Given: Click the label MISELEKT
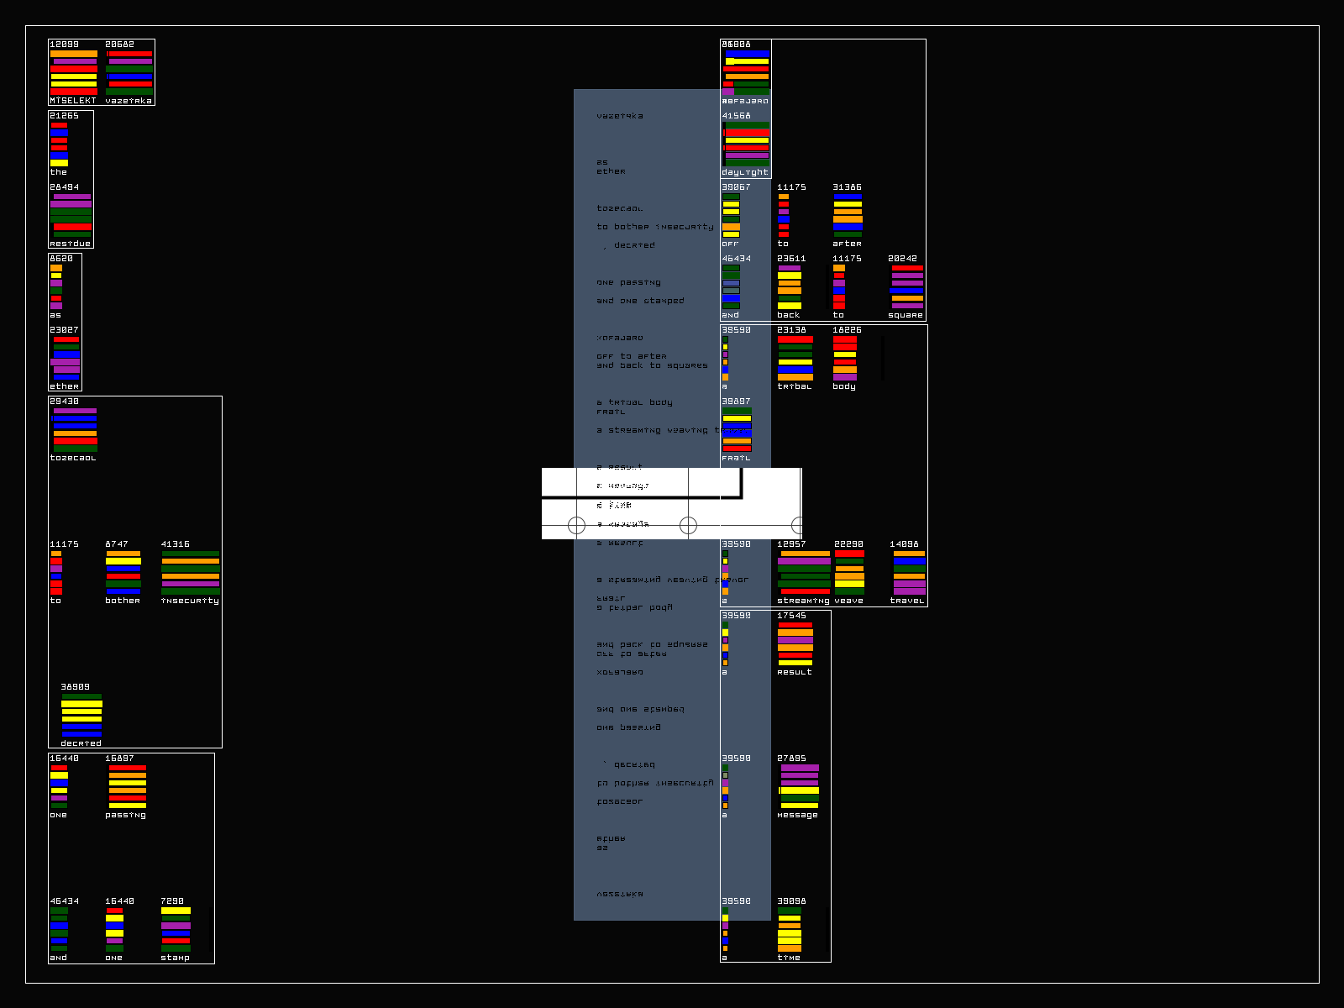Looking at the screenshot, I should (x=73, y=101).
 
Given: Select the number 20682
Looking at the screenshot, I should (x=119, y=45).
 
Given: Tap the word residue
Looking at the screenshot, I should (x=70, y=244).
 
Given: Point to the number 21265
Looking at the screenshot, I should (x=64, y=116).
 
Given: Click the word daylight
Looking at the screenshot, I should (x=744, y=172).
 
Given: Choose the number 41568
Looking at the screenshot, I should (x=736, y=116).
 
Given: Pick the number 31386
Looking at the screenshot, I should (x=847, y=187).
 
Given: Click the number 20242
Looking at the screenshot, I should (x=902, y=259).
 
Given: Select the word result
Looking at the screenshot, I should (x=795, y=672).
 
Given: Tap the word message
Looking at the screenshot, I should (x=797, y=815).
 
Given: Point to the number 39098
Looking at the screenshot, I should (x=791, y=901).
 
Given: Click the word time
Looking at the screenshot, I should (x=789, y=958).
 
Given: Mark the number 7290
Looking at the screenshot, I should (x=172, y=901).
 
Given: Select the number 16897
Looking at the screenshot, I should (x=119, y=759).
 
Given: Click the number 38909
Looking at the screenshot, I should (x=75, y=687).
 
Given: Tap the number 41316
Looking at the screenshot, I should (x=175, y=544).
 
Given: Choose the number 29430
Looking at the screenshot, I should (x=64, y=402).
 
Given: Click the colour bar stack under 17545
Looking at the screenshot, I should (x=795, y=643).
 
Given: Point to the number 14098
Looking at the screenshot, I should (x=904, y=544).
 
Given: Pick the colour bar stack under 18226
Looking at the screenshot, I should (x=845, y=358).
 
